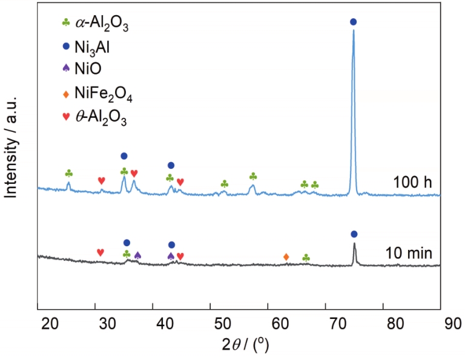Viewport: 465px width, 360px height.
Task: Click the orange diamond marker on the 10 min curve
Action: [286, 257]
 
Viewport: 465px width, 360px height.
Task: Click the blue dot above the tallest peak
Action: [354, 22]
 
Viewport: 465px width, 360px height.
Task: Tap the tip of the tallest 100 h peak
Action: [354, 31]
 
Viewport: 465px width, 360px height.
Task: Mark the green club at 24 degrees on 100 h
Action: [68, 174]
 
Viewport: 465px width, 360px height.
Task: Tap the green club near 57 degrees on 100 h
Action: [253, 177]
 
